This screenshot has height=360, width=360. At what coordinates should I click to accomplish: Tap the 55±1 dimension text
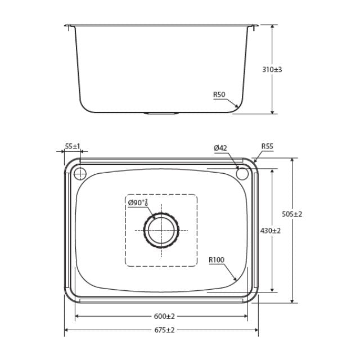coord(73,146)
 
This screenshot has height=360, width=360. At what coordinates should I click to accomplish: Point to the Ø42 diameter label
coord(220,148)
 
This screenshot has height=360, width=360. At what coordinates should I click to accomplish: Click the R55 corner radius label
coord(267,146)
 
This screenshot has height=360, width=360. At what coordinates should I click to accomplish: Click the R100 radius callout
coord(216,259)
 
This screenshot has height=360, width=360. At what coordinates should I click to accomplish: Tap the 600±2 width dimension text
coord(161,316)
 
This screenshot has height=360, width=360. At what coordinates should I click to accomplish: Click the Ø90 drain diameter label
coord(137,202)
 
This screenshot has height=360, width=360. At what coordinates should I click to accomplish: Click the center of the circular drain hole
coord(162,231)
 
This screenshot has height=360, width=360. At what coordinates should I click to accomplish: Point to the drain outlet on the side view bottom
coord(161,114)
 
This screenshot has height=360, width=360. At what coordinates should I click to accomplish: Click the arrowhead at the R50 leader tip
coord(239,107)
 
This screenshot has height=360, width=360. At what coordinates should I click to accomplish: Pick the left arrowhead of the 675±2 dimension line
coord(67,330)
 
